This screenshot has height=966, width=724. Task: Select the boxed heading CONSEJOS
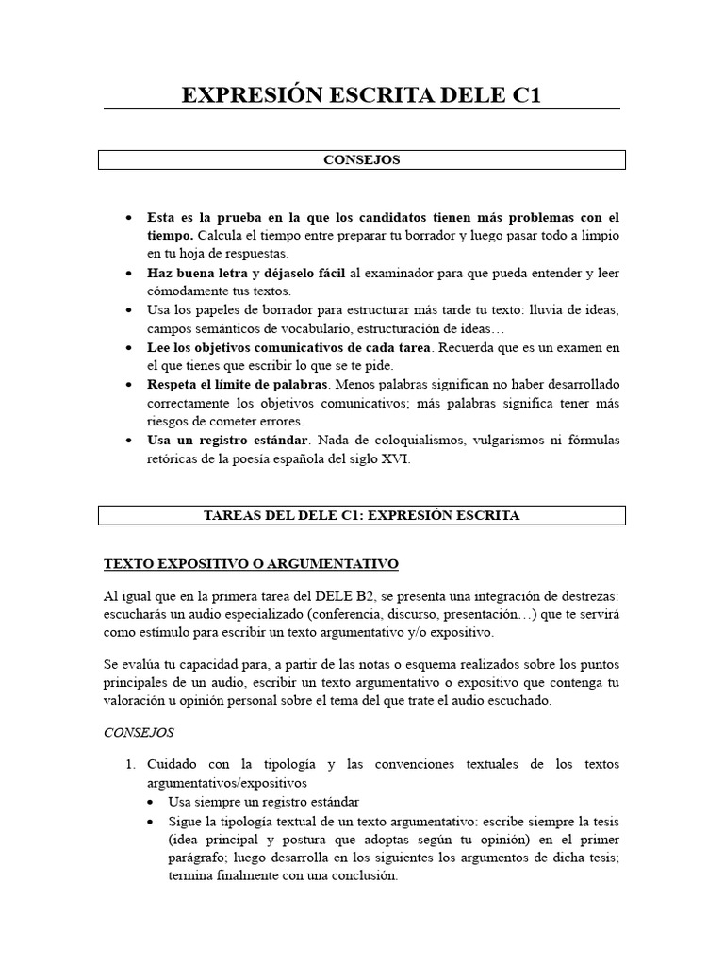pos(362,160)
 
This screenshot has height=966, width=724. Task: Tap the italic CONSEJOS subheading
pos(139,731)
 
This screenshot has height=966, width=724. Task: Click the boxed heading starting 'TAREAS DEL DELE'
pos(362,515)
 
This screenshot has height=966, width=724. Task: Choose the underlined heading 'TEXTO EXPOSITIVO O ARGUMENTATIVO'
pos(251,564)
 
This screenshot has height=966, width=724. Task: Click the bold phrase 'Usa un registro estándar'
pos(227,441)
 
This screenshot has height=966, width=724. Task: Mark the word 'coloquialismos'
pos(403,441)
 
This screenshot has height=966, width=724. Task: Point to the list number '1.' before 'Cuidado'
pos(132,764)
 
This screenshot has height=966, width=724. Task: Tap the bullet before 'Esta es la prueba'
pos(128,217)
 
